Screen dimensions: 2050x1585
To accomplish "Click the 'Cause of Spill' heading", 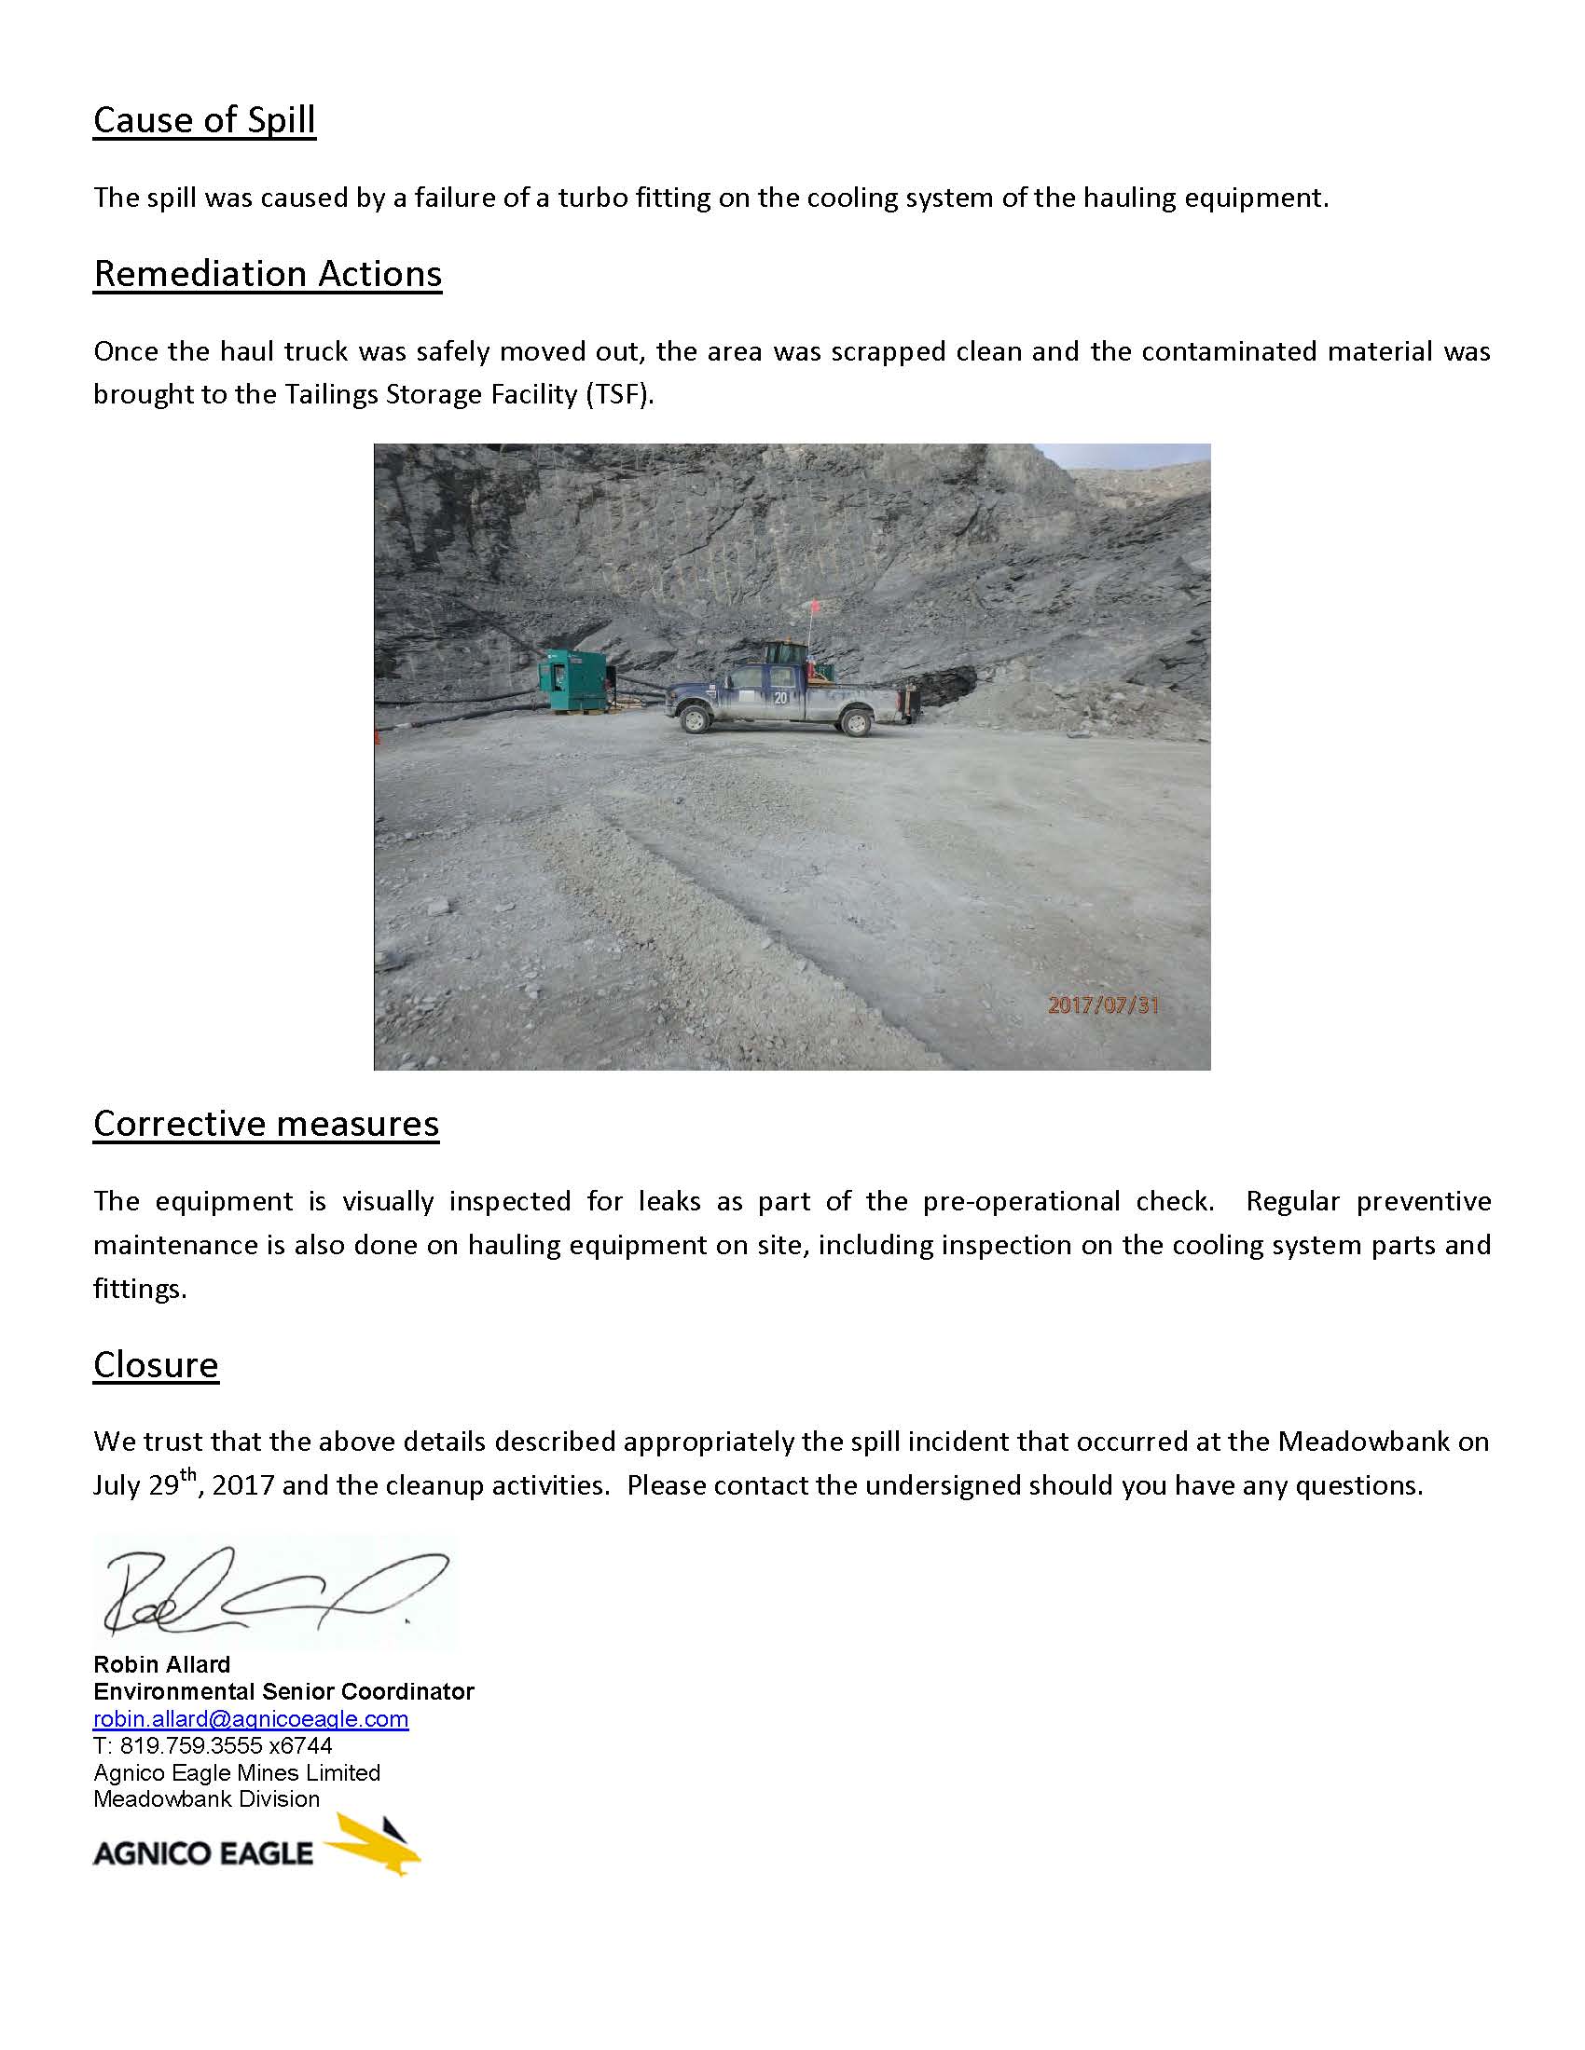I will click(204, 120).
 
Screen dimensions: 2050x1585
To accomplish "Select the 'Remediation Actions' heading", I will click(268, 274).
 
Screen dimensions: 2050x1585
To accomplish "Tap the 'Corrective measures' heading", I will click(266, 1124).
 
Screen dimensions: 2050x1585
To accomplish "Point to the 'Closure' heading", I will click(156, 1365).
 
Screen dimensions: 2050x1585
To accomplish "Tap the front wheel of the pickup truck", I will click(695, 720).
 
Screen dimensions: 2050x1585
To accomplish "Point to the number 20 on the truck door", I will click(780, 697).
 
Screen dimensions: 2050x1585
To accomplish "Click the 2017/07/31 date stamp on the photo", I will click(1102, 1005).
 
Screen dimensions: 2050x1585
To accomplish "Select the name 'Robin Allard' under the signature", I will click(161, 1664).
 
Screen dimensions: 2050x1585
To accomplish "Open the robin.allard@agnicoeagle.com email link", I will click(251, 1718).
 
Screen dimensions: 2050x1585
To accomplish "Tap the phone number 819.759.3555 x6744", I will click(213, 1745).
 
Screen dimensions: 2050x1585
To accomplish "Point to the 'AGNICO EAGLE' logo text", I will click(203, 1852).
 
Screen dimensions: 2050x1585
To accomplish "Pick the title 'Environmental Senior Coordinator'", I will click(283, 1691).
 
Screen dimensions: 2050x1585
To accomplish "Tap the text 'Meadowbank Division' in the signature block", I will click(207, 1798).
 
